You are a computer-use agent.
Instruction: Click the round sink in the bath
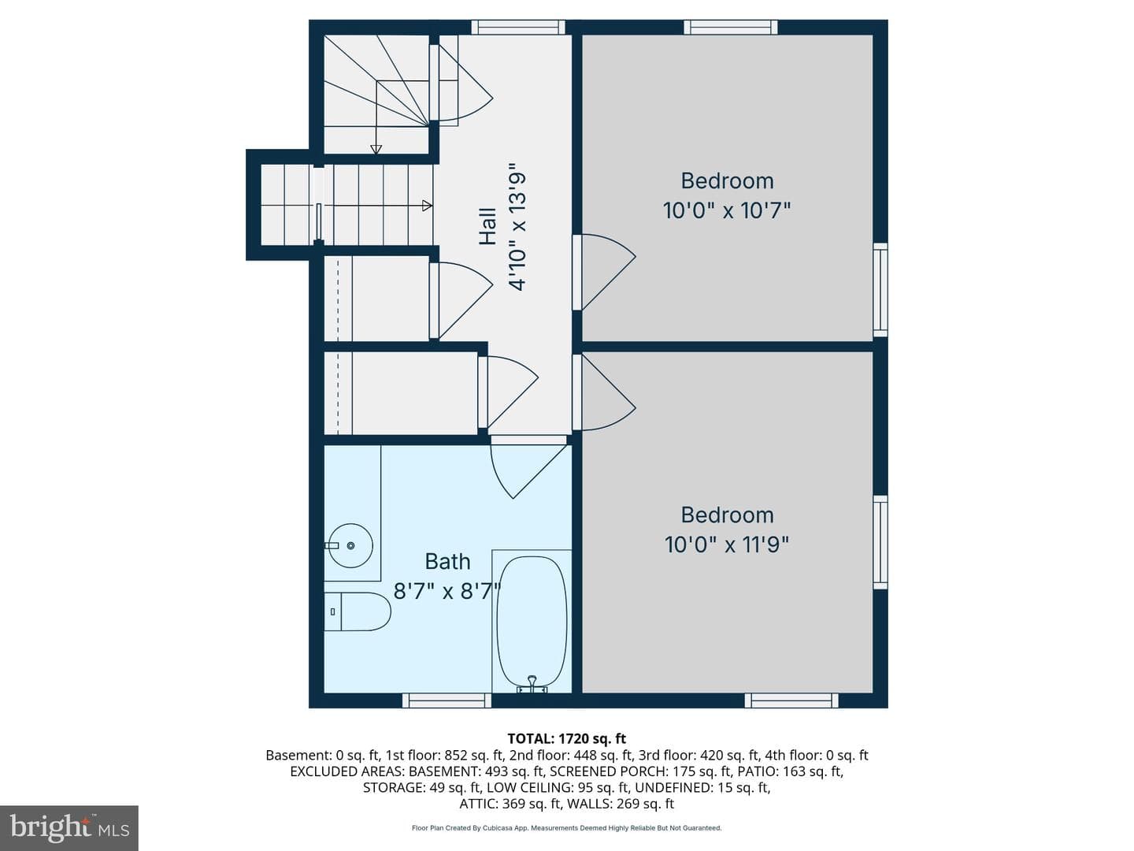pyautogui.click(x=350, y=545)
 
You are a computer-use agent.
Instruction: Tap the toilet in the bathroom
pyautogui.click(x=357, y=611)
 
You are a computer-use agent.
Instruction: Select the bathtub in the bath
pyautogui.click(x=532, y=621)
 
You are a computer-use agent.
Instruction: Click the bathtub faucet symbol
pyautogui.click(x=532, y=684)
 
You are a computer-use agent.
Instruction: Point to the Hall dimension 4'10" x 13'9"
pyautogui.click(x=517, y=227)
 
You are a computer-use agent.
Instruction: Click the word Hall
pyautogui.click(x=488, y=227)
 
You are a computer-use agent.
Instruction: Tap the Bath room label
pyautogui.click(x=447, y=562)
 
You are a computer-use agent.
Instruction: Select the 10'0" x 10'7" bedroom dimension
pyautogui.click(x=727, y=211)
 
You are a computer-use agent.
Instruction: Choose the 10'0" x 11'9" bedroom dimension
pyautogui.click(x=727, y=544)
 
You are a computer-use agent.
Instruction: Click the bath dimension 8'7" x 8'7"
pyautogui.click(x=447, y=591)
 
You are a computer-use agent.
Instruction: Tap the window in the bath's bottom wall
pyautogui.click(x=447, y=700)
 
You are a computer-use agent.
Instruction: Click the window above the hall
pyautogui.click(x=518, y=27)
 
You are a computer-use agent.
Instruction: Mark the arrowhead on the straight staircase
pyautogui.click(x=428, y=206)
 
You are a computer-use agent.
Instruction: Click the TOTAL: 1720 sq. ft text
pyautogui.click(x=567, y=739)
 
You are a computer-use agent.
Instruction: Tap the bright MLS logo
pyautogui.click(x=69, y=827)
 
